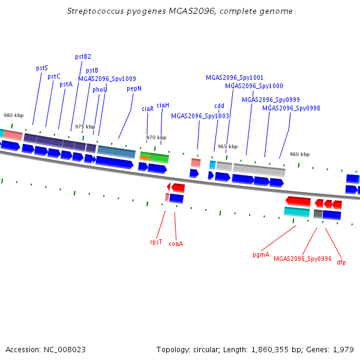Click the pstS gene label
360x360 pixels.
click(42, 68)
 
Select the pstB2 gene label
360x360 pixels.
click(83, 57)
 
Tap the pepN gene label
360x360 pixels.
click(134, 89)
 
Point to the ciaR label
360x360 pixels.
click(148, 109)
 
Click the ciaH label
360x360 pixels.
click(163, 105)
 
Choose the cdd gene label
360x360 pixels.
click(219, 106)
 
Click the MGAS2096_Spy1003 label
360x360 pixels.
click(200, 116)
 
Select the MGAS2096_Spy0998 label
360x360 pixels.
click(291, 108)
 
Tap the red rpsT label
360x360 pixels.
click(156, 242)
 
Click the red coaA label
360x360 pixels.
click(176, 244)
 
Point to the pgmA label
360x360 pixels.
click(261, 255)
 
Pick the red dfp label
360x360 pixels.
click(341, 262)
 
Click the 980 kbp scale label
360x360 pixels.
click(14, 115)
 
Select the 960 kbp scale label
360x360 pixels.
click(299, 154)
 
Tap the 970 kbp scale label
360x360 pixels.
click(157, 137)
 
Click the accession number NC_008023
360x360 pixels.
click(65, 350)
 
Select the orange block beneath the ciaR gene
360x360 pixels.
click(145, 158)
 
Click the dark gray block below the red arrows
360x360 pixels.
click(318, 214)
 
